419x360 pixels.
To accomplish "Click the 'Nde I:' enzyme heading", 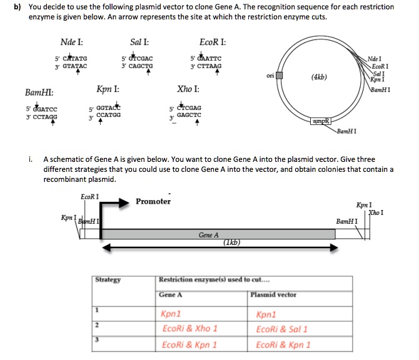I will pos(71,43).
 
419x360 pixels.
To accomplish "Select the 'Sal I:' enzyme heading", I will pos(139,43).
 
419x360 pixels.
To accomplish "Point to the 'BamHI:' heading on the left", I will pos(39,93).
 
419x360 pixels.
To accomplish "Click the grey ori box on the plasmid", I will pos(280,76).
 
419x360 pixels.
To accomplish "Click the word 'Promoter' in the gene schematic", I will pos(153,201).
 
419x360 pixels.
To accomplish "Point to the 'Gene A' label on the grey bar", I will pos(208,235).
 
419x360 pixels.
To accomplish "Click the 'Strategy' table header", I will pos(109,280).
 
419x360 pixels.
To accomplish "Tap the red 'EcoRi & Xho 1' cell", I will pos(189,328).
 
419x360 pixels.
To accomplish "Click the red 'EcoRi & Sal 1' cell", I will pos(281,328).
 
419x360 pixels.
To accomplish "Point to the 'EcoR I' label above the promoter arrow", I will pos(90,197).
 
